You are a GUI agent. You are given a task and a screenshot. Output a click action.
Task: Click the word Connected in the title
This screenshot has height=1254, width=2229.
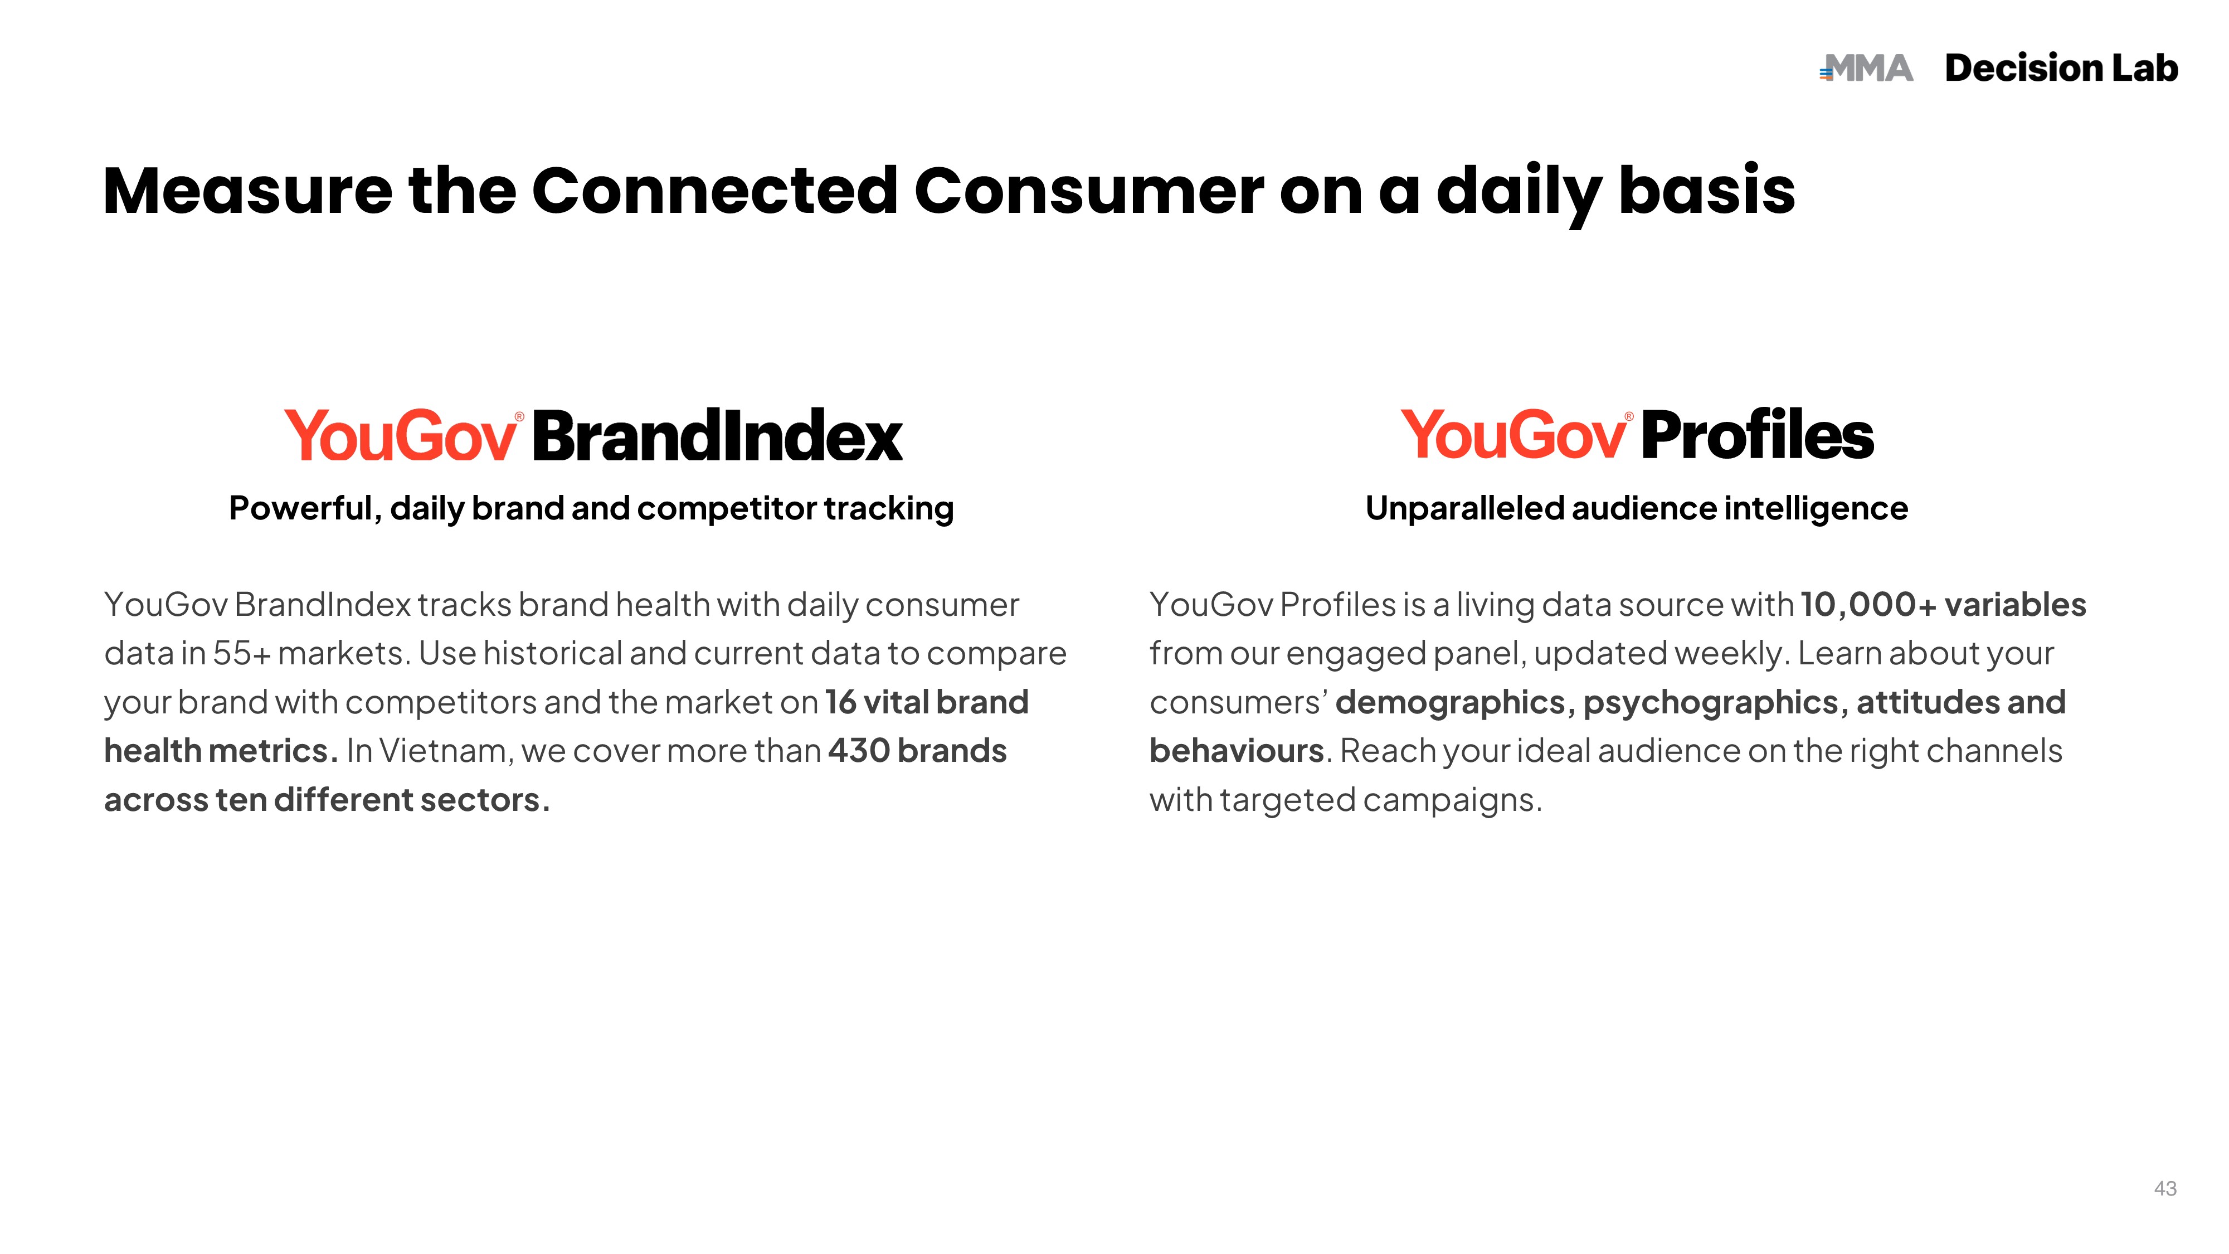click(715, 191)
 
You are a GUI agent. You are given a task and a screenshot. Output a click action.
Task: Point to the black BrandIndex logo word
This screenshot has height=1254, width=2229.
click(717, 435)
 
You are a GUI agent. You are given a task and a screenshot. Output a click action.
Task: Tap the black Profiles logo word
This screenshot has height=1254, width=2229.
click(1758, 435)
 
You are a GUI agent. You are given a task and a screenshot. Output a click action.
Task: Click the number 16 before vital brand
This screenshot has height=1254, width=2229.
click(841, 702)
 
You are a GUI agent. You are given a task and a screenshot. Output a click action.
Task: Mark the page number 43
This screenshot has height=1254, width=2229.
click(2165, 1188)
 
